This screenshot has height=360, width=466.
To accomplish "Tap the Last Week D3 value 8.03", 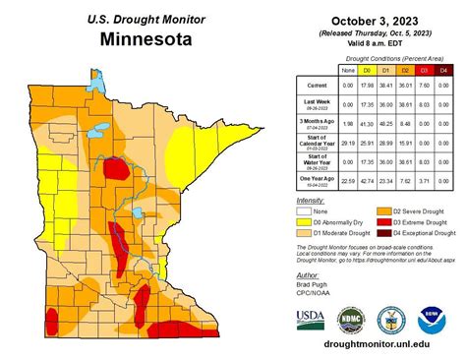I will pos(425,105).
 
